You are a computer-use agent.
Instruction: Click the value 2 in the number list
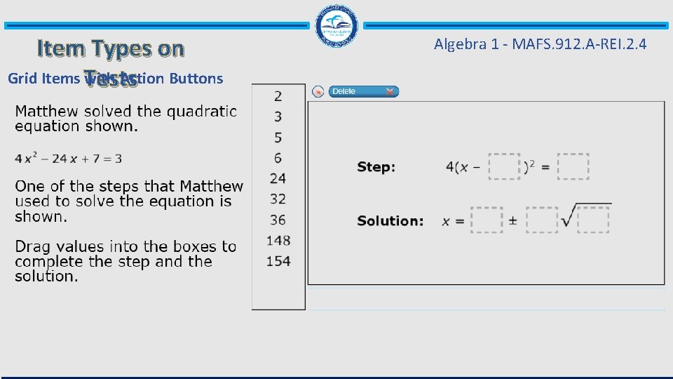click(x=278, y=96)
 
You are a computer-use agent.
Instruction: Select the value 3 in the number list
click(x=278, y=117)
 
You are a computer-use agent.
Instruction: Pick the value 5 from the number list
click(x=278, y=138)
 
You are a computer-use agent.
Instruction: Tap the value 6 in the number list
click(x=278, y=158)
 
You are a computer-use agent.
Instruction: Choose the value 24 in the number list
click(x=278, y=178)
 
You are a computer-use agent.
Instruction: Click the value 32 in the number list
click(x=278, y=199)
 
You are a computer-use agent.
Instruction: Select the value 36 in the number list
click(x=278, y=220)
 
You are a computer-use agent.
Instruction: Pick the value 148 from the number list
click(x=278, y=241)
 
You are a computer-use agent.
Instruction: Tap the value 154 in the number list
click(x=278, y=261)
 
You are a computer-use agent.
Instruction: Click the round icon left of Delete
click(x=318, y=91)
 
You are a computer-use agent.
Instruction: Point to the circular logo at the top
click(x=338, y=26)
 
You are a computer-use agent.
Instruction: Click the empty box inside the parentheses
click(x=505, y=167)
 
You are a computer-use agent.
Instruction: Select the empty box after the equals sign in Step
click(x=573, y=167)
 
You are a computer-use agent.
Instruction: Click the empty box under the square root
click(x=593, y=220)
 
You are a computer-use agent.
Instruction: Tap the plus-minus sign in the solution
click(x=512, y=220)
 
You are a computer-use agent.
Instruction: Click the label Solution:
click(x=390, y=220)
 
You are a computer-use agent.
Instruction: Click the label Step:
click(x=376, y=167)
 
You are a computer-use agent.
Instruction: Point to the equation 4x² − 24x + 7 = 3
click(x=68, y=159)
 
